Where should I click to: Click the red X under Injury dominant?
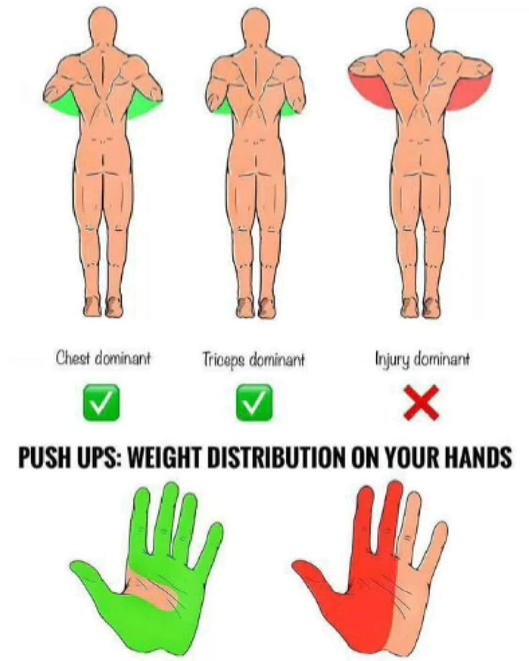click(x=421, y=404)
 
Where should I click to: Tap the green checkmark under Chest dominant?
click(x=101, y=402)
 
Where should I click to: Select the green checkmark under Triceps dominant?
click(x=254, y=402)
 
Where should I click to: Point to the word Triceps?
click(x=222, y=360)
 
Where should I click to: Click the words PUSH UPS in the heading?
click(x=69, y=457)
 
